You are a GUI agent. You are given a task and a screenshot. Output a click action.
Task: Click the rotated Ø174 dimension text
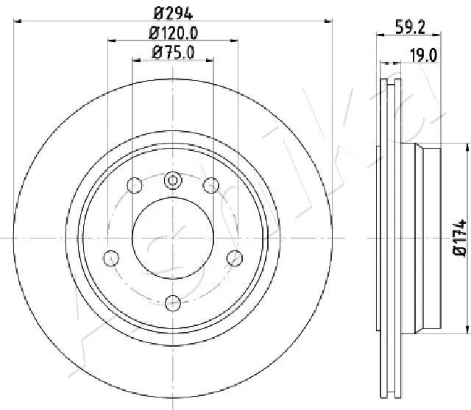pyautogui.click(x=460, y=238)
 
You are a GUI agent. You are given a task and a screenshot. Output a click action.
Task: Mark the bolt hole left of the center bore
pyautogui.click(x=111, y=257)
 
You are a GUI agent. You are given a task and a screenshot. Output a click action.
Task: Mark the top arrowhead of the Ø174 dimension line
pyautogui.click(x=467, y=147)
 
